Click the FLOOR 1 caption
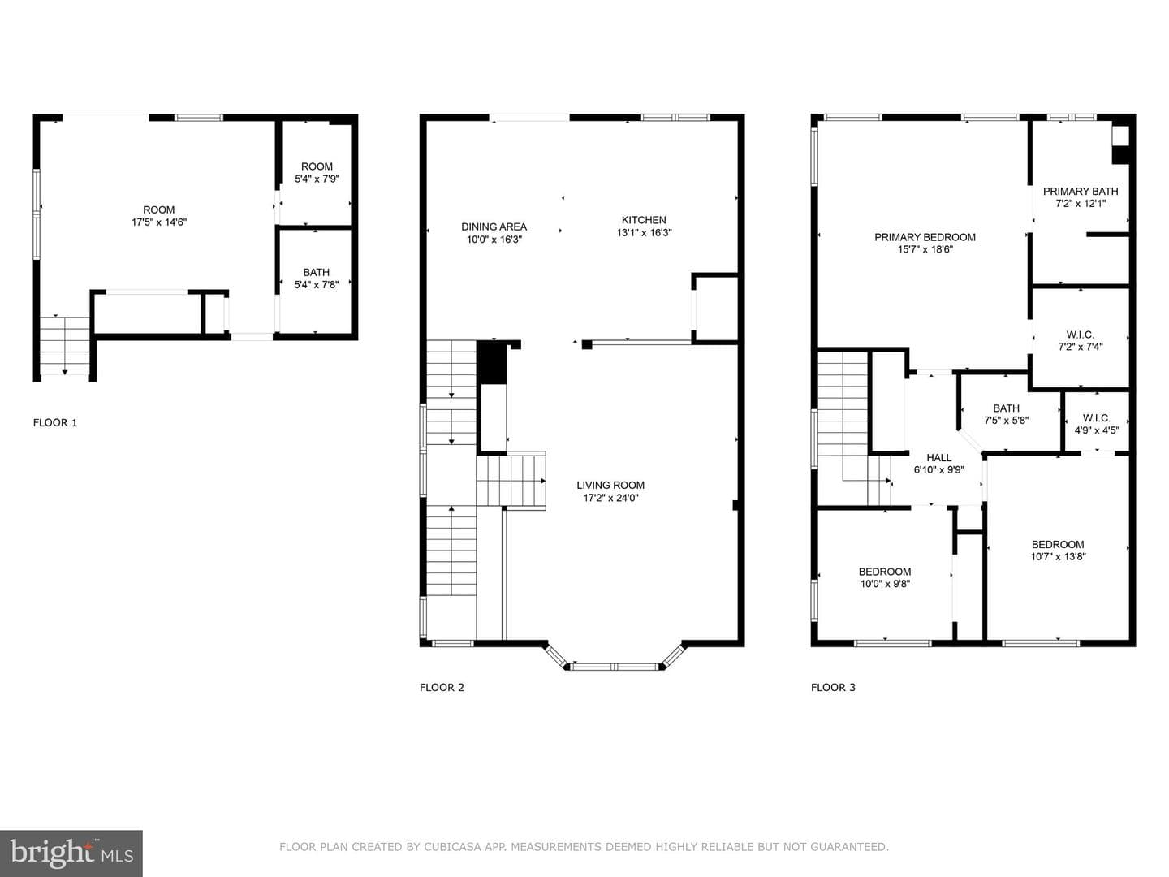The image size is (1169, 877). pyautogui.click(x=55, y=423)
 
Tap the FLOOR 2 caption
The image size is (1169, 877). pyautogui.click(x=442, y=688)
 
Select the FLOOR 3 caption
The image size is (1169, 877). pyautogui.click(x=833, y=688)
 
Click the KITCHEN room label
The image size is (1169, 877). pyautogui.click(x=644, y=220)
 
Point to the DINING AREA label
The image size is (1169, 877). pyautogui.click(x=494, y=227)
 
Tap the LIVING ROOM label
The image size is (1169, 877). pyautogui.click(x=610, y=485)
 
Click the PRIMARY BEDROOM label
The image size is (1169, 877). pyautogui.click(x=925, y=237)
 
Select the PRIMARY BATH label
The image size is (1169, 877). pyautogui.click(x=1081, y=191)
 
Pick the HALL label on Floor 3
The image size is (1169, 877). pyautogui.click(x=939, y=457)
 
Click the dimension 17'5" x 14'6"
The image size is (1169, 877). pyautogui.click(x=159, y=222)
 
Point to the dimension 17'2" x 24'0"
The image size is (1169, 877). pyautogui.click(x=610, y=498)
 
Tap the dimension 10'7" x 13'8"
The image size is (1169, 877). pyautogui.click(x=1058, y=556)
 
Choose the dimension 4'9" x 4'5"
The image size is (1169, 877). pyautogui.click(x=1097, y=430)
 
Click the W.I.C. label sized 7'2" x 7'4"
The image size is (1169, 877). pyautogui.click(x=1080, y=335)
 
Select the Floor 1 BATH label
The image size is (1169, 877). pyautogui.click(x=317, y=272)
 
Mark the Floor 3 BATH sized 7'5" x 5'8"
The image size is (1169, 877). pyautogui.click(x=1006, y=408)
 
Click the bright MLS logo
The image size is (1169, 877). pyautogui.click(x=71, y=853)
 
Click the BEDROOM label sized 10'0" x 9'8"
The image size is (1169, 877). pyautogui.click(x=885, y=572)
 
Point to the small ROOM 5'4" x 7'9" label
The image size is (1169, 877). pyautogui.click(x=317, y=166)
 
